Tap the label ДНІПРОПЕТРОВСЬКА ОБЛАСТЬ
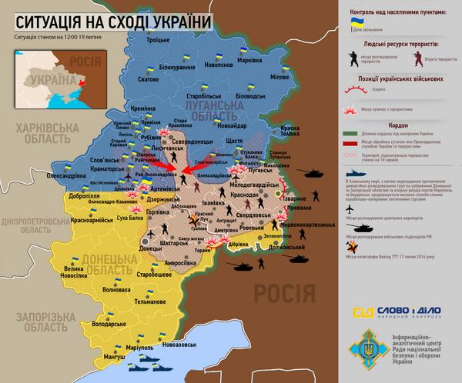pos(40,223)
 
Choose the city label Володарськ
pos(108,325)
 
